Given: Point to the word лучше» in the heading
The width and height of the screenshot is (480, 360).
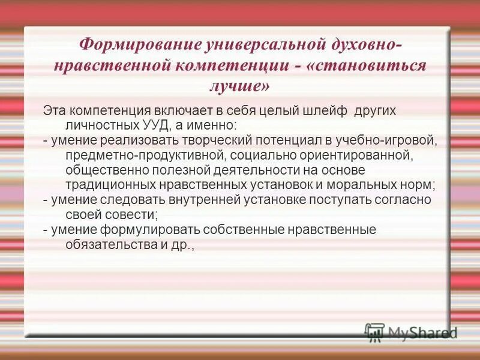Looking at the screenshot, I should pos(239,86).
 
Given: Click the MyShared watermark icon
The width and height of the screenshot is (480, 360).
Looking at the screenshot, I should pos(374,332).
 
